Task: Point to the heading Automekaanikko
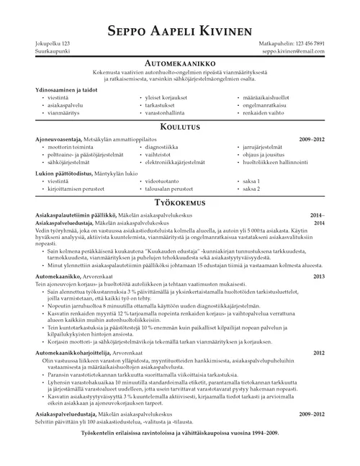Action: [179, 63]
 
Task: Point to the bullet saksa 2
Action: [251, 189]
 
